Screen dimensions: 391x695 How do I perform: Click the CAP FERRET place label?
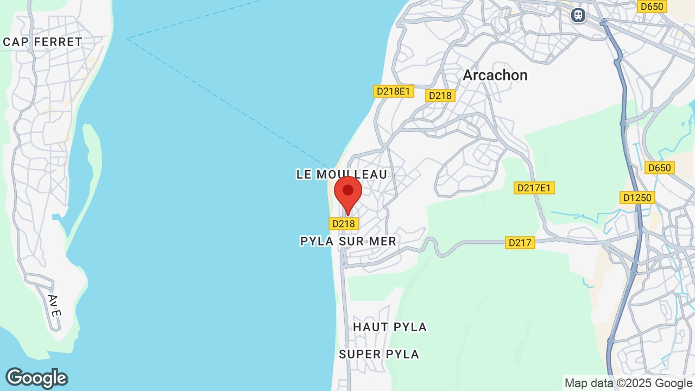tap(42, 42)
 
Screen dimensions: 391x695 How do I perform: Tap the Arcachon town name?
tap(495, 75)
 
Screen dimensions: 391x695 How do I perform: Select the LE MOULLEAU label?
tap(342, 174)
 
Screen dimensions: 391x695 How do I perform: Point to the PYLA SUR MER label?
tap(348, 241)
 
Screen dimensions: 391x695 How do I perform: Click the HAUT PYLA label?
tap(390, 327)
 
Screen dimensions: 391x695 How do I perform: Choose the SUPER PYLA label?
tap(379, 354)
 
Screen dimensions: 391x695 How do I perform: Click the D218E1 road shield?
tap(393, 91)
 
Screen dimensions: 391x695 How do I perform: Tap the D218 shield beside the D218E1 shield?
tap(440, 96)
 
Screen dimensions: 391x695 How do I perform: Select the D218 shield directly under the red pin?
tap(343, 223)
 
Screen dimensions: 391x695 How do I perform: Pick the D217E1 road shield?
tap(534, 188)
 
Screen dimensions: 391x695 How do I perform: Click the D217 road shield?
tap(520, 243)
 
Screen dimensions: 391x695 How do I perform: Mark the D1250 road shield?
tap(637, 198)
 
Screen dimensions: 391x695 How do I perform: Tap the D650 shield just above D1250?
tap(659, 168)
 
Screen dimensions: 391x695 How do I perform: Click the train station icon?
tap(578, 15)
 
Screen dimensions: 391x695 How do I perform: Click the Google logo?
tap(36, 378)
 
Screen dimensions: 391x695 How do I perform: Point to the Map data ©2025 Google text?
tap(629, 383)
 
